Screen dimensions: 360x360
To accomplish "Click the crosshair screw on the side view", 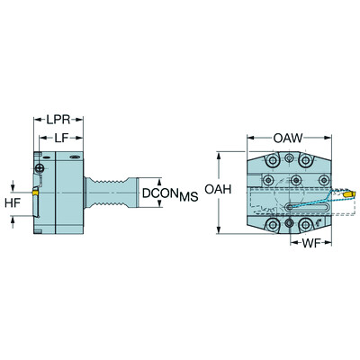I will (x=40, y=168).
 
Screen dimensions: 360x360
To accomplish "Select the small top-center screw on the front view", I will (x=289, y=158).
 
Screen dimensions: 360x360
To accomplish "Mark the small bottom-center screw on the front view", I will (x=289, y=222).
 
